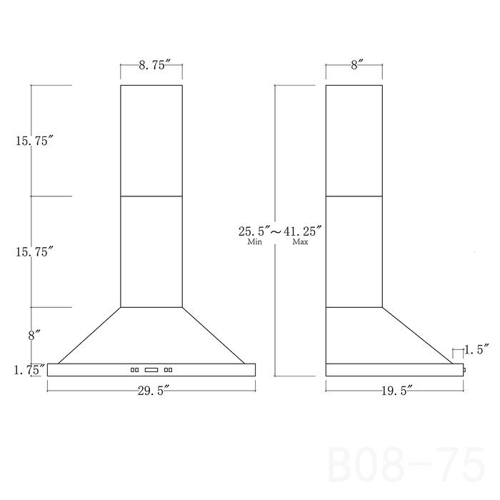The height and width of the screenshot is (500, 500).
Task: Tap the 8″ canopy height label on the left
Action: (x=34, y=336)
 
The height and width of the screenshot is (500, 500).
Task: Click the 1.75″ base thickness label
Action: (x=29, y=370)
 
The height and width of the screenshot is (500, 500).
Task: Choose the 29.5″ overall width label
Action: (x=151, y=391)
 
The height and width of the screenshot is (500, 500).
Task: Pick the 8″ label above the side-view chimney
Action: (x=355, y=66)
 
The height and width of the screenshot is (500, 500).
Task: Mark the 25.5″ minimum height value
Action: (x=254, y=231)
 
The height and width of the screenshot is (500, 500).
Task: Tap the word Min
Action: (x=255, y=241)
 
